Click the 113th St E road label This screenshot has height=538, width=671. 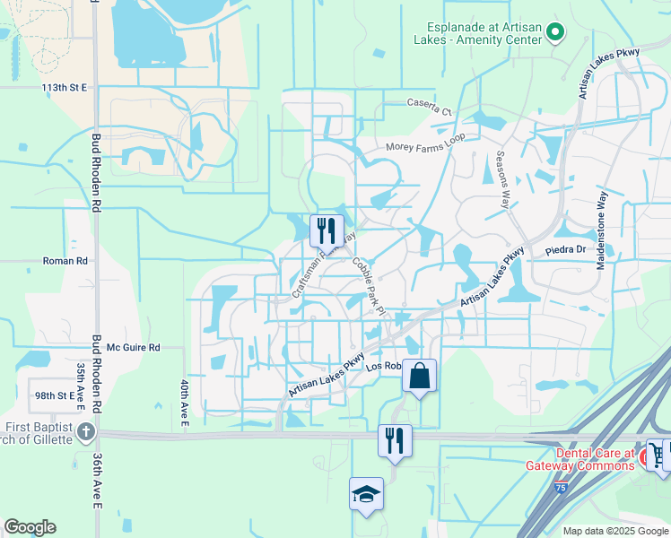click(64, 88)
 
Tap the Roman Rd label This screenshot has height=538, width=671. click(65, 261)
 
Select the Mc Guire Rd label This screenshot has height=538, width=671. click(133, 347)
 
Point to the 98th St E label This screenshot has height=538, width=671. click(55, 395)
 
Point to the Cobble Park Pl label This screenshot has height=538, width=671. click(368, 286)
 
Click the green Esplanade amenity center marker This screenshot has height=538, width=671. click(555, 33)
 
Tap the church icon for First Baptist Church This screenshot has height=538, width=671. click(85, 432)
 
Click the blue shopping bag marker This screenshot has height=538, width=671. click(419, 376)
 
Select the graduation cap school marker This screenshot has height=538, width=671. click(366, 493)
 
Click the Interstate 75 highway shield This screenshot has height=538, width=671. click(561, 488)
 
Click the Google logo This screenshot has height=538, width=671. click(30, 527)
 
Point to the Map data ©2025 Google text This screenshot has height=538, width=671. click(615, 531)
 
